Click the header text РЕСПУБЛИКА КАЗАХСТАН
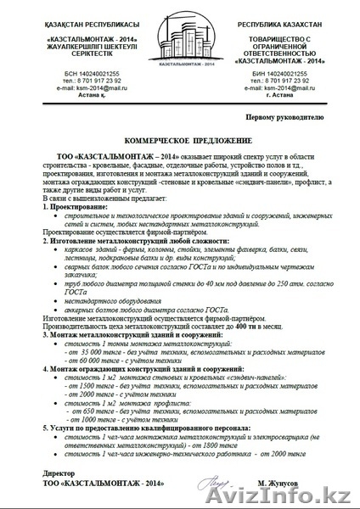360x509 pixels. tap(297, 17)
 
